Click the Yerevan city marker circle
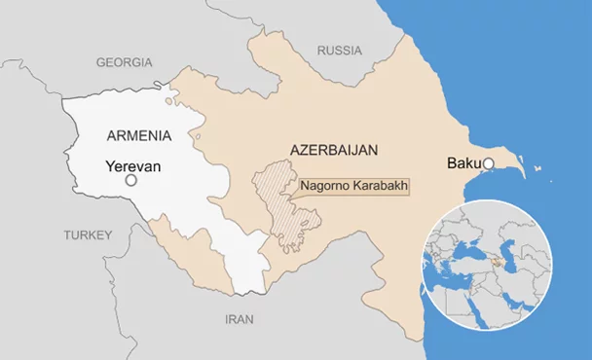[x=131, y=180]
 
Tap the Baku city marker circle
[x=489, y=163]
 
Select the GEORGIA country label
[x=125, y=62]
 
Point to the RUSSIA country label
[x=340, y=50]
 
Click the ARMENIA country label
[x=139, y=134]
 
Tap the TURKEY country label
[x=89, y=234]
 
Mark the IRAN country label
[x=240, y=319]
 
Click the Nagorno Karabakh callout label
[x=353, y=185]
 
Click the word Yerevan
[x=132, y=165]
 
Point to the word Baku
[x=463, y=162]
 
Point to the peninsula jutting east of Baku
[x=526, y=167]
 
